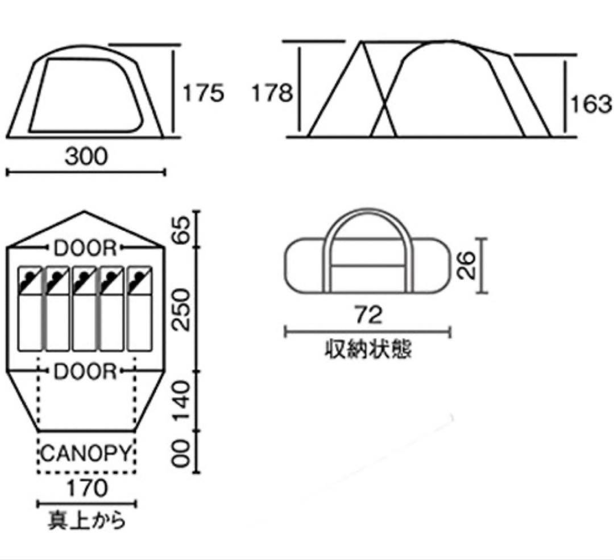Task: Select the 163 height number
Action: (x=592, y=104)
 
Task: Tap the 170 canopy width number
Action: (x=86, y=488)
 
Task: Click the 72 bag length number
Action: (x=368, y=315)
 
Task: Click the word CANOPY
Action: (x=86, y=454)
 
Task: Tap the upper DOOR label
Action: (x=86, y=249)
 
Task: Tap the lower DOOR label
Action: (x=86, y=372)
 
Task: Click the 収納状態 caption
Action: (x=368, y=349)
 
